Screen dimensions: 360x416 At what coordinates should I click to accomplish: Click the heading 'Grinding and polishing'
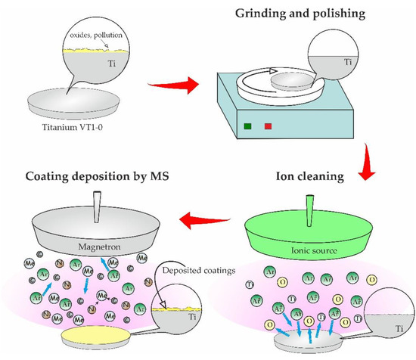(297, 13)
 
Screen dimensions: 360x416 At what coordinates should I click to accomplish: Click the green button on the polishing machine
(247, 125)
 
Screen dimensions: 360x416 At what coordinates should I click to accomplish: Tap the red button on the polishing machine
(267, 125)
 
